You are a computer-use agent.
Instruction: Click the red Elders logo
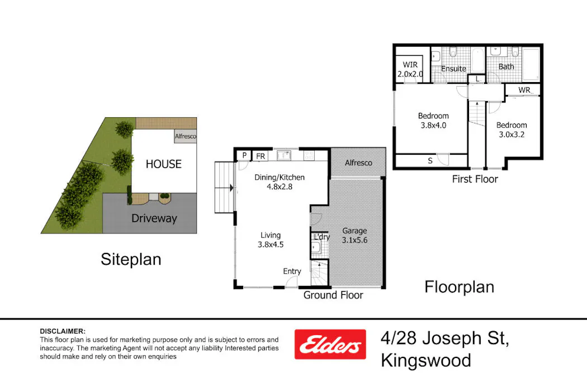pyautogui.click(x=330, y=344)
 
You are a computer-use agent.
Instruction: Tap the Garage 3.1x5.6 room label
pyautogui.click(x=354, y=236)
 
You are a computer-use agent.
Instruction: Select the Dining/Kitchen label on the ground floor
pyautogui.click(x=280, y=182)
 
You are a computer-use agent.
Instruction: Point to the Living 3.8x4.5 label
pyautogui.click(x=270, y=240)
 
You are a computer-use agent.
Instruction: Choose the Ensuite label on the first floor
pyautogui.click(x=453, y=69)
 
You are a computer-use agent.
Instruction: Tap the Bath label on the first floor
pyautogui.click(x=506, y=66)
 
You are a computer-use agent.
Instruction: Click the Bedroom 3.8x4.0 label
pyautogui.click(x=433, y=121)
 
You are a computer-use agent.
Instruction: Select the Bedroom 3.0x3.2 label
pyautogui.click(x=511, y=130)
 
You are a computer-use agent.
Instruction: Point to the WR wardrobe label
pyautogui.click(x=524, y=90)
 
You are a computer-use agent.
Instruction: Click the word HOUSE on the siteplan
pyautogui.click(x=163, y=164)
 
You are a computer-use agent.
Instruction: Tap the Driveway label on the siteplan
pyautogui.click(x=154, y=218)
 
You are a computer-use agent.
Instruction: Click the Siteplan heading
pyautogui.click(x=131, y=259)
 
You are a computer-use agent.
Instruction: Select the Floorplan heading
pyautogui.click(x=459, y=287)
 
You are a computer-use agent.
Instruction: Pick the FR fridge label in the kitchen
pyautogui.click(x=261, y=156)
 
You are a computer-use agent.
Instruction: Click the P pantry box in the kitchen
pyautogui.click(x=244, y=156)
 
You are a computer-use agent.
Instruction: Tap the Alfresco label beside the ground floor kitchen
pyautogui.click(x=358, y=163)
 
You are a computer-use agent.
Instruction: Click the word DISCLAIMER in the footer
pyautogui.click(x=63, y=331)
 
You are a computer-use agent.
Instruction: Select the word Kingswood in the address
pyautogui.click(x=425, y=360)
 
